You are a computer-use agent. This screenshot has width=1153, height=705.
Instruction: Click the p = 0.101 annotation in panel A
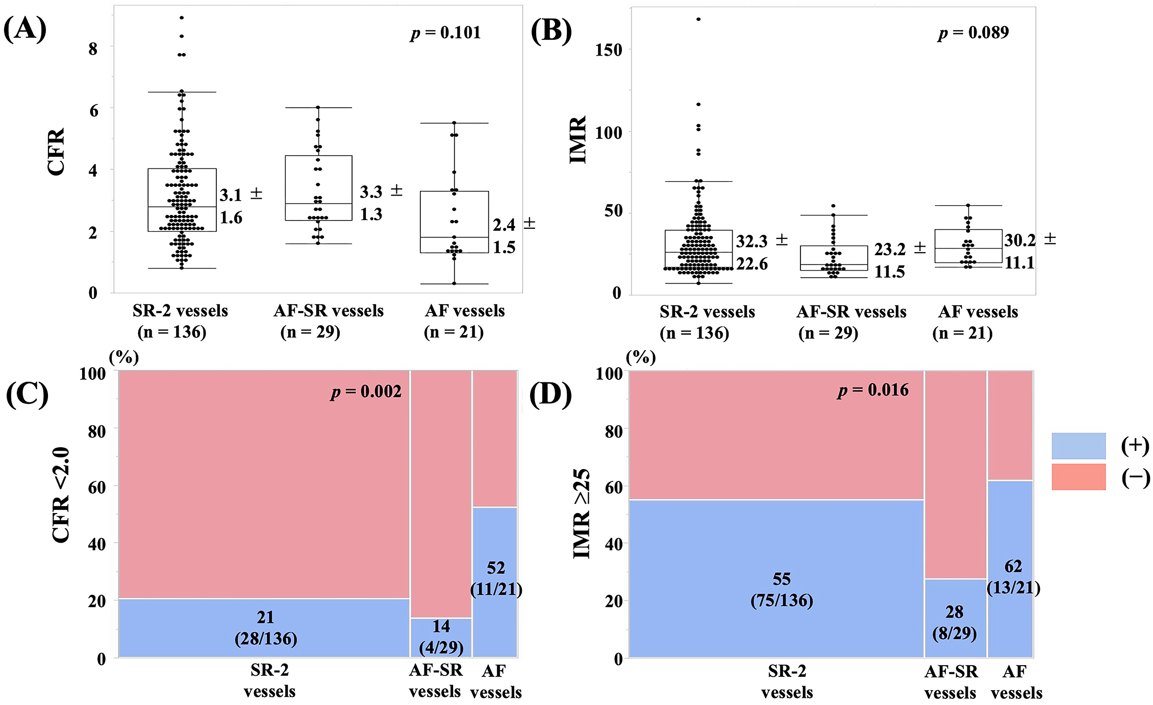click(x=445, y=33)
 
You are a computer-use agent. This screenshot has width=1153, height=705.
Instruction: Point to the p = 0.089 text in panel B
click(x=973, y=33)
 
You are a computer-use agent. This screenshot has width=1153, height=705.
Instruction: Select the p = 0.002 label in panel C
click(x=366, y=392)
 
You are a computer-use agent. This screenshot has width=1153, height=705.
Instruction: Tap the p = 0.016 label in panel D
click(x=873, y=390)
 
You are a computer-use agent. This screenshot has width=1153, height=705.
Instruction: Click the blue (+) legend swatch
click(x=1079, y=446)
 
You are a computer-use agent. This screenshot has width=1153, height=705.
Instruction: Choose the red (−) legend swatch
click(x=1079, y=477)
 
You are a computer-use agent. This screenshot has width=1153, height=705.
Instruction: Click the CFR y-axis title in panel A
click(x=56, y=152)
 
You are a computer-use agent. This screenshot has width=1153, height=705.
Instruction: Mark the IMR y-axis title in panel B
click(x=578, y=140)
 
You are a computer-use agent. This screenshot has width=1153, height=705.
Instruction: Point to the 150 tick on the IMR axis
click(x=609, y=50)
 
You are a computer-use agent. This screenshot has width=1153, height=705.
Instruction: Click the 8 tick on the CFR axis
click(x=93, y=49)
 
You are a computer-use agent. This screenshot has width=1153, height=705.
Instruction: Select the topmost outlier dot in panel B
click(x=698, y=19)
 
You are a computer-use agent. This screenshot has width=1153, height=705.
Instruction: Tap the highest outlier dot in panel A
click(x=182, y=18)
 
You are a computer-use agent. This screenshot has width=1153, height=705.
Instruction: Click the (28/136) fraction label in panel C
click(x=266, y=639)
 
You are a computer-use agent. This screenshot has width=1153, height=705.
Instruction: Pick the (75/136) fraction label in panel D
click(x=782, y=600)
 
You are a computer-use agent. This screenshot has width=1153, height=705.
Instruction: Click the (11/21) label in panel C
click(x=496, y=589)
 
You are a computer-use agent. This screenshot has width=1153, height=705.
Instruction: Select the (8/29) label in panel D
click(x=954, y=634)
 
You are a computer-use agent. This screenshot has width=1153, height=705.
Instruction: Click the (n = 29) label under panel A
click(x=310, y=332)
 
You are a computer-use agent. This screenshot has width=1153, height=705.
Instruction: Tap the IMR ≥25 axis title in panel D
click(x=582, y=514)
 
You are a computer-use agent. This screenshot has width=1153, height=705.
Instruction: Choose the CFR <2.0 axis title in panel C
click(x=61, y=495)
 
